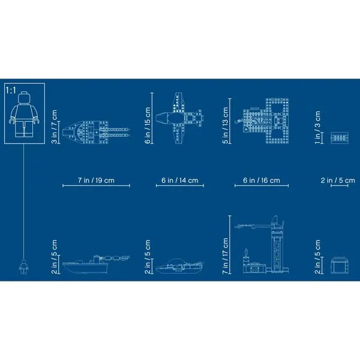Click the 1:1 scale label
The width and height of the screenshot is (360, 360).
(x=11, y=91)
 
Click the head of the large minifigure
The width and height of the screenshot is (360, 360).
(x=24, y=98)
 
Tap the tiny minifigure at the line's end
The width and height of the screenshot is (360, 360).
(x=23, y=266)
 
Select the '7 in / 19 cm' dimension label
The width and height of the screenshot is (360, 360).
(x=96, y=180)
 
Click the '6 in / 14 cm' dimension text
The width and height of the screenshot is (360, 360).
(x=180, y=180)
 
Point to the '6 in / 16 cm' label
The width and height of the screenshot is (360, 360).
(x=262, y=180)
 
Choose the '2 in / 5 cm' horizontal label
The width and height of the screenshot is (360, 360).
(x=338, y=180)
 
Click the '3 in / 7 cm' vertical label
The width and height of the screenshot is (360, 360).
(x=55, y=127)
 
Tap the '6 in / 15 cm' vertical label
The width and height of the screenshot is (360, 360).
(x=148, y=125)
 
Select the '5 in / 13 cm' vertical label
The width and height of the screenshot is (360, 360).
(x=226, y=125)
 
